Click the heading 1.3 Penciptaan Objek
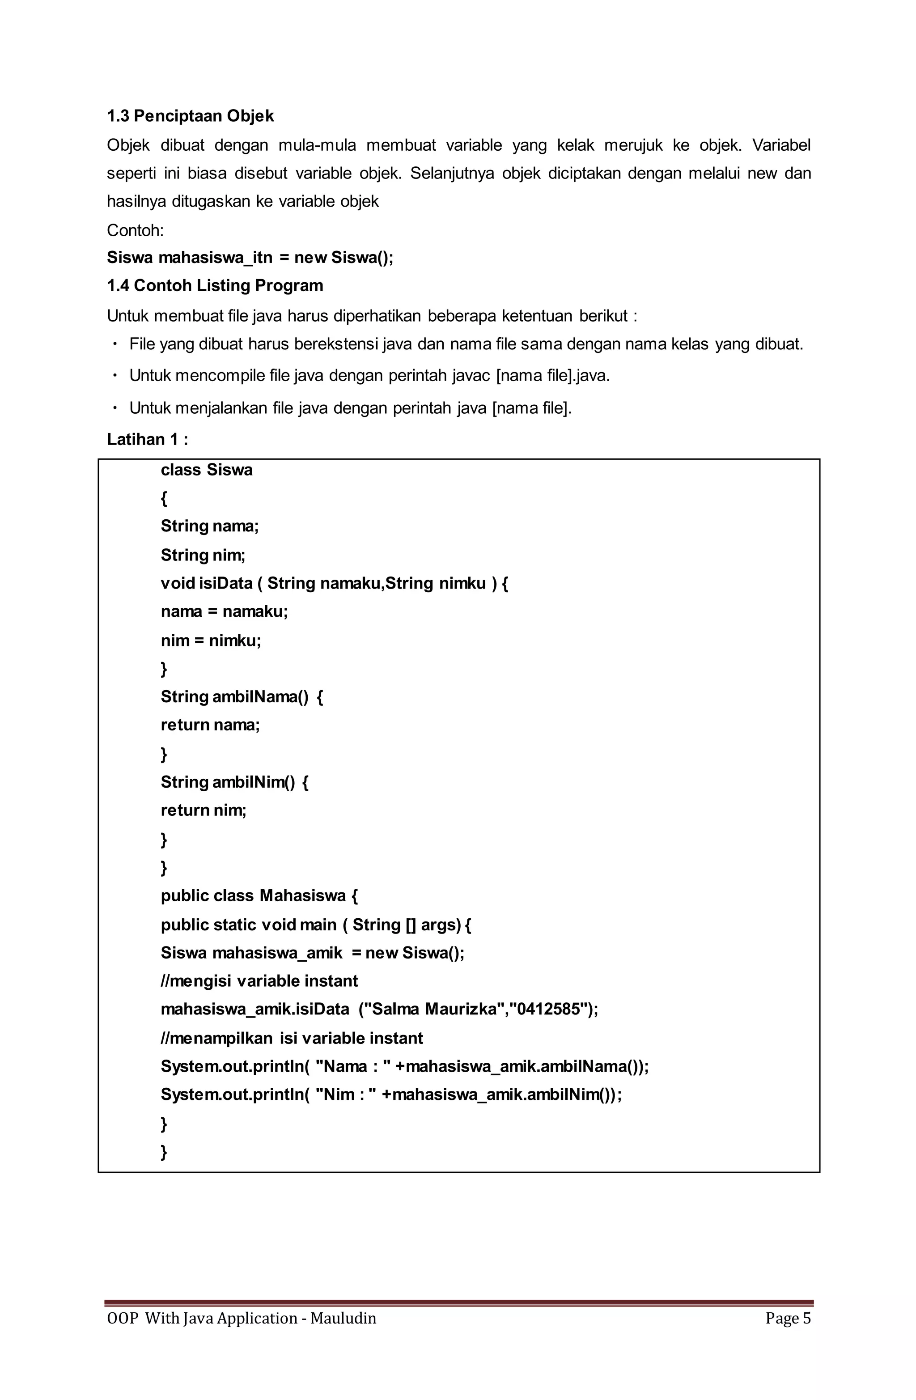[x=190, y=116]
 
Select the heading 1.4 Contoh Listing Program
[x=215, y=286]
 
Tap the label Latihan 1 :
[x=147, y=439]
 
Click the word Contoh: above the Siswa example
[x=135, y=230]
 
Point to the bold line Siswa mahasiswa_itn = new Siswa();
[x=250, y=258]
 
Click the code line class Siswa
[x=207, y=470]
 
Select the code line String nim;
[x=203, y=555]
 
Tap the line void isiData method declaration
[x=334, y=584]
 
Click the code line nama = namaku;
[x=224, y=612]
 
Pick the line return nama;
[x=210, y=725]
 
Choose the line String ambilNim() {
[x=234, y=782]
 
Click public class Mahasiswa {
[x=259, y=896]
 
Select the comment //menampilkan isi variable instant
[x=291, y=1038]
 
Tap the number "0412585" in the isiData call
[x=550, y=1010]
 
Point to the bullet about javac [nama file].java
[x=369, y=375]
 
